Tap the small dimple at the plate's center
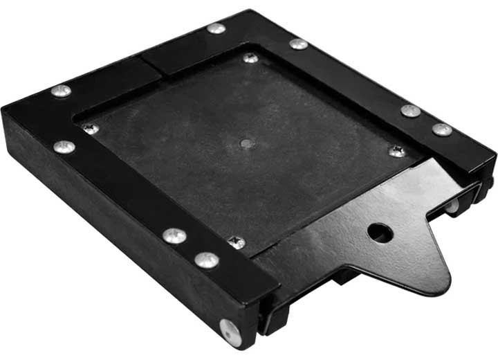246,143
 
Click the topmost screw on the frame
216,28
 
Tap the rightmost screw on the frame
441,129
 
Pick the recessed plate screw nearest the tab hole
396,151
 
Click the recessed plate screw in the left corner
90,129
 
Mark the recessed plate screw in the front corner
237,242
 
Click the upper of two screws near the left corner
61,91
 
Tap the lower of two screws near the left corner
64,147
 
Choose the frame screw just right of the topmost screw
298,44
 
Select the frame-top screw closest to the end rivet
206,260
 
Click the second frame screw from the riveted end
174,236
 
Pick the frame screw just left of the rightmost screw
410,111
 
